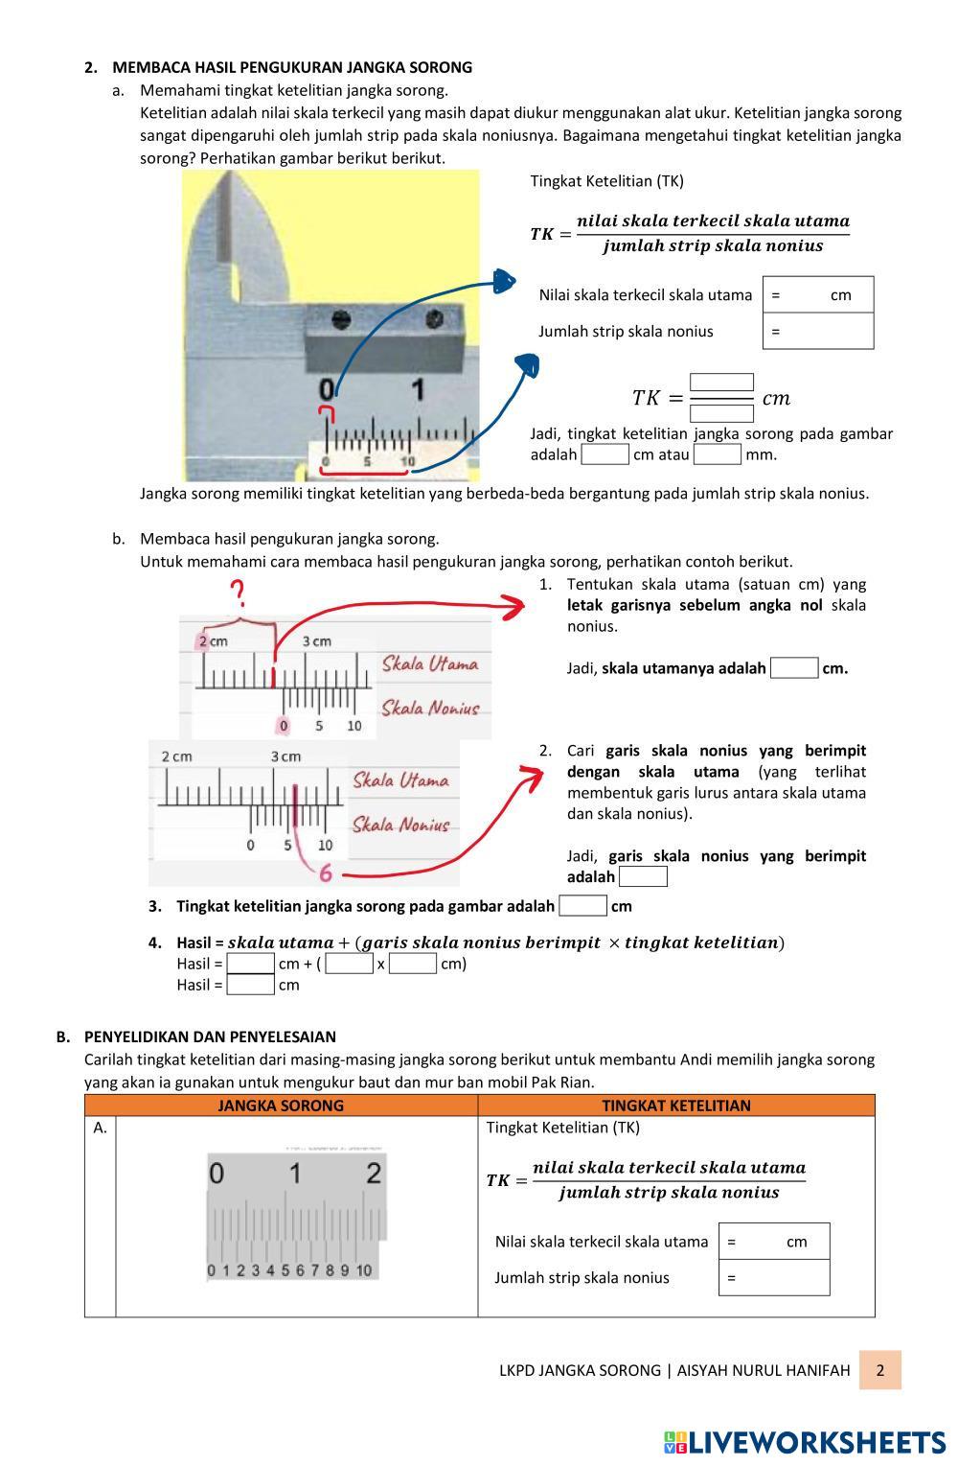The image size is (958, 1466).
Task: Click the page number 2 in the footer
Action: [x=879, y=1370]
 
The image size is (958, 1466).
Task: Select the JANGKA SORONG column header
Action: [x=281, y=1105]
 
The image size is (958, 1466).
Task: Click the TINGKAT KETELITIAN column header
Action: [x=676, y=1105]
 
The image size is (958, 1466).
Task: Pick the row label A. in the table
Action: [x=101, y=1129]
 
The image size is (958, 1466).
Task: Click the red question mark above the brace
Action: [x=239, y=593]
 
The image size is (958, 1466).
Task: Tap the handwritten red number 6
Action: [x=326, y=873]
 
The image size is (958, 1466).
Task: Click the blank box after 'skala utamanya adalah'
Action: [x=794, y=668]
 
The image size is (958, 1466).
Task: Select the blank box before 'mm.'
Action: [x=718, y=454]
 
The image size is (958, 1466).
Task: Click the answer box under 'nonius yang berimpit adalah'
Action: [x=643, y=877]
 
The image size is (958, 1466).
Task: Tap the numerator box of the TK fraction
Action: [x=721, y=383]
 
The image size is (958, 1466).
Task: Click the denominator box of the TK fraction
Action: [x=721, y=414]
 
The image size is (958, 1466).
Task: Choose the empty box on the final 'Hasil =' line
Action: [x=251, y=985]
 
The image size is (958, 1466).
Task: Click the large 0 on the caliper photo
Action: [x=328, y=389]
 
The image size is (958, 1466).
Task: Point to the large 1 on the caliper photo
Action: [x=418, y=389]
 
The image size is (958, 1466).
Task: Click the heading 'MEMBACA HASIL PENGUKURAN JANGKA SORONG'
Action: [x=292, y=67]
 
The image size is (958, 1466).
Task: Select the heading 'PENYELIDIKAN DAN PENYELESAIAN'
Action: [x=210, y=1036]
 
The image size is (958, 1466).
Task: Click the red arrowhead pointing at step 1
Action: [x=514, y=606]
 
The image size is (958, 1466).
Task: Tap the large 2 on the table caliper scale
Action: [x=374, y=1173]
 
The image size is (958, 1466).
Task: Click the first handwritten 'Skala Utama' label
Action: [x=430, y=663]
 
